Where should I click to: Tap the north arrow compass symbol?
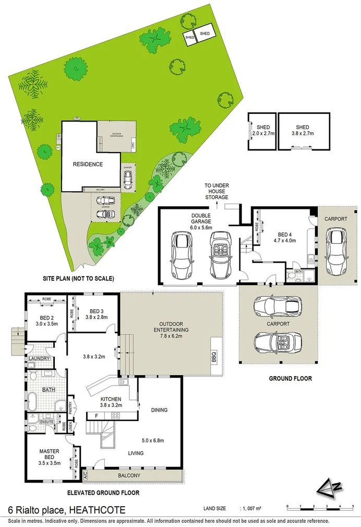coord(329,488)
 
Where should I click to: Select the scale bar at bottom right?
coord(319,507)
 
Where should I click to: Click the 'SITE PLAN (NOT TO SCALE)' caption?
coord(78,278)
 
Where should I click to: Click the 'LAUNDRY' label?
coord(40,358)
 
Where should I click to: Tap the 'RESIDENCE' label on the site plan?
coord(88,164)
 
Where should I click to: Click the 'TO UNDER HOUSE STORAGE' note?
coord(216,191)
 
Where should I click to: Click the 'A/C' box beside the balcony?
coord(85,476)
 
